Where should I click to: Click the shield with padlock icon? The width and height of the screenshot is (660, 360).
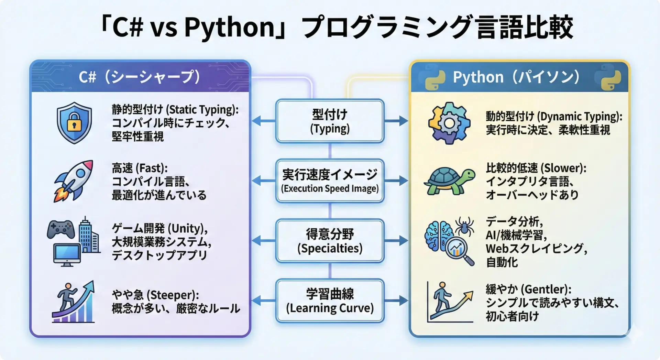pos(74,122)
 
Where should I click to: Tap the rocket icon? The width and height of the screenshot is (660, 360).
pos(74,181)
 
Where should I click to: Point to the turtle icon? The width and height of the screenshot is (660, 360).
pos(449,181)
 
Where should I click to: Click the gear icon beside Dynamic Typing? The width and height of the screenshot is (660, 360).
pos(449,123)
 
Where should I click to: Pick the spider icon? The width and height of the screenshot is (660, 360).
pos(464,226)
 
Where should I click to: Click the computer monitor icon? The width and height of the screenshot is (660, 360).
pos(67,255)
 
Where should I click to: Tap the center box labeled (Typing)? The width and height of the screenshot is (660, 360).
pos(330,121)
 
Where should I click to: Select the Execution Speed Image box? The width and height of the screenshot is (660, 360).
pos(330,181)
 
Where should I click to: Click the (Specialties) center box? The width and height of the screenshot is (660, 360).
pos(330,241)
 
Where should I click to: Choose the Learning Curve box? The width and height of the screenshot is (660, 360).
pos(330,301)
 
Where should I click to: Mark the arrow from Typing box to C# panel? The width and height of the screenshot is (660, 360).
pos(264,121)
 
